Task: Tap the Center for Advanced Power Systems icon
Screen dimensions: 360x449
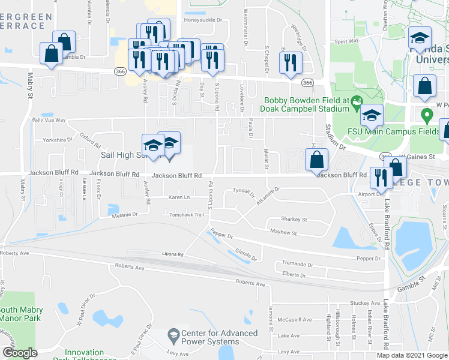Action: (173, 333)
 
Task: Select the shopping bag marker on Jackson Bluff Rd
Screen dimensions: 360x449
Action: (316, 160)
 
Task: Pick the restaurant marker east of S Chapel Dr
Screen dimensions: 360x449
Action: (291, 62)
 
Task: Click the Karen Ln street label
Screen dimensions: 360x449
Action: (179, 197)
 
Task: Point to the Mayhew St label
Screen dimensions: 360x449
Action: (284, 231)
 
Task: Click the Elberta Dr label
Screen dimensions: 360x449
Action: (295, 275)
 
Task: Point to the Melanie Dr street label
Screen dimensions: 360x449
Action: (124, 214)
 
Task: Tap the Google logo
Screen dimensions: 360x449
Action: (20, 353)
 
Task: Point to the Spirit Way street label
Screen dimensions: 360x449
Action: (346, 41)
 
